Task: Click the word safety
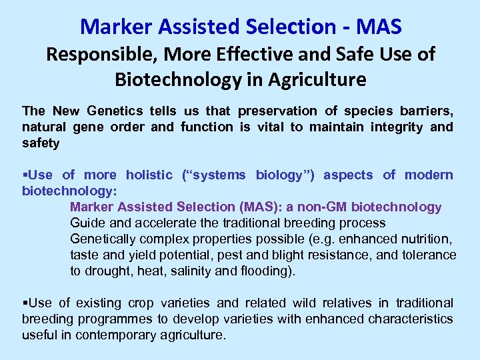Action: [41, 143]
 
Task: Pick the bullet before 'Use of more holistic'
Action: [25, 175]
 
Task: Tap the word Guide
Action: [87, 223]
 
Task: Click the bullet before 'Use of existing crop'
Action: [25, 303]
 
